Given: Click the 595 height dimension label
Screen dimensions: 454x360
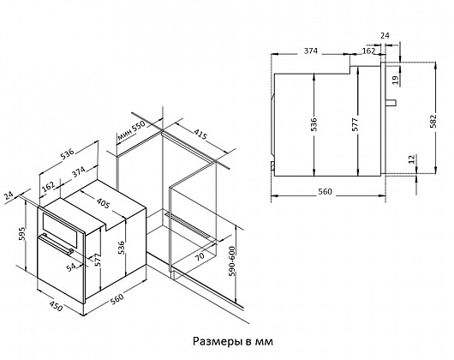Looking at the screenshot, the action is (22, 233).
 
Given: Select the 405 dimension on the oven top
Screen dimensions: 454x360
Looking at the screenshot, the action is (104, 203).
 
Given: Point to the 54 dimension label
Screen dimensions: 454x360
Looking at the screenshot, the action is (71, 267).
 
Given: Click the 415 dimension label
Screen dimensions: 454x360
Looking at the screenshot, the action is (200, 135).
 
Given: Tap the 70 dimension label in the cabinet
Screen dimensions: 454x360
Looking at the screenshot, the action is (200, 256).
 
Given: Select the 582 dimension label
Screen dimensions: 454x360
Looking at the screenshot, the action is (433, 122).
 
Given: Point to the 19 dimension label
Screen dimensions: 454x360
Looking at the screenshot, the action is (396, 80).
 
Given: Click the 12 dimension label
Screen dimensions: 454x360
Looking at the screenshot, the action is (412, 159).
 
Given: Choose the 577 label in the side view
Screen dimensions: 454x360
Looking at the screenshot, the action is (355, 124).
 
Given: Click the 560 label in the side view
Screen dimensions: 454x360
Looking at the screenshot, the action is (326, 191).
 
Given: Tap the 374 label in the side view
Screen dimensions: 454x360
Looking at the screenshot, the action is (311, 51).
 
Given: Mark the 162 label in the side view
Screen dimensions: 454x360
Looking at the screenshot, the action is (368, 51).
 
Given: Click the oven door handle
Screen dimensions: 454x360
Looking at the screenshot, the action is (56, 244).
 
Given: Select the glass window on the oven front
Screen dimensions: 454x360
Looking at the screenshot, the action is (60, 230).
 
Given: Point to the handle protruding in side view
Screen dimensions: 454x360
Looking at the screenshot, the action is (391, 103).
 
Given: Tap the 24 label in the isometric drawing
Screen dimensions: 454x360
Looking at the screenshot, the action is (9, 196).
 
